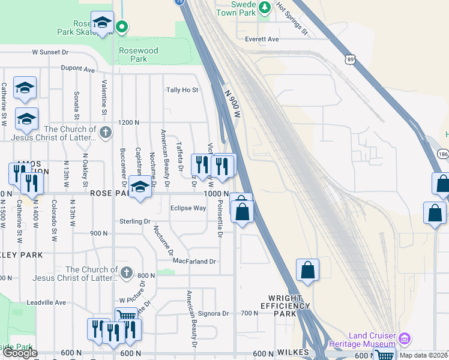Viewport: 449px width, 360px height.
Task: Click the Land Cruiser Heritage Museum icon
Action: [x=404, y=339]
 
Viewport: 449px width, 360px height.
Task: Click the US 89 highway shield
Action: [x=350, y=59]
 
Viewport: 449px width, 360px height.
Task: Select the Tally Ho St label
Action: [x=182, y=90]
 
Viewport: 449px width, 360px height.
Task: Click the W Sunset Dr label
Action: [x=56, y=52]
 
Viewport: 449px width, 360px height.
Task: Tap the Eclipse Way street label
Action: [x=188, y=208]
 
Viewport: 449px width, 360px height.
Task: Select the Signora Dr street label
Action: [x=214, y=313]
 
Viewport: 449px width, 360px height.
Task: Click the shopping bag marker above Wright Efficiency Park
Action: [x=307, y=269]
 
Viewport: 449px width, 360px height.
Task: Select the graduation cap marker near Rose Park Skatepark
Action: [x=102, y=23]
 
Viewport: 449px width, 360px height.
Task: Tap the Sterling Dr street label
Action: [x=134, y=221]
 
